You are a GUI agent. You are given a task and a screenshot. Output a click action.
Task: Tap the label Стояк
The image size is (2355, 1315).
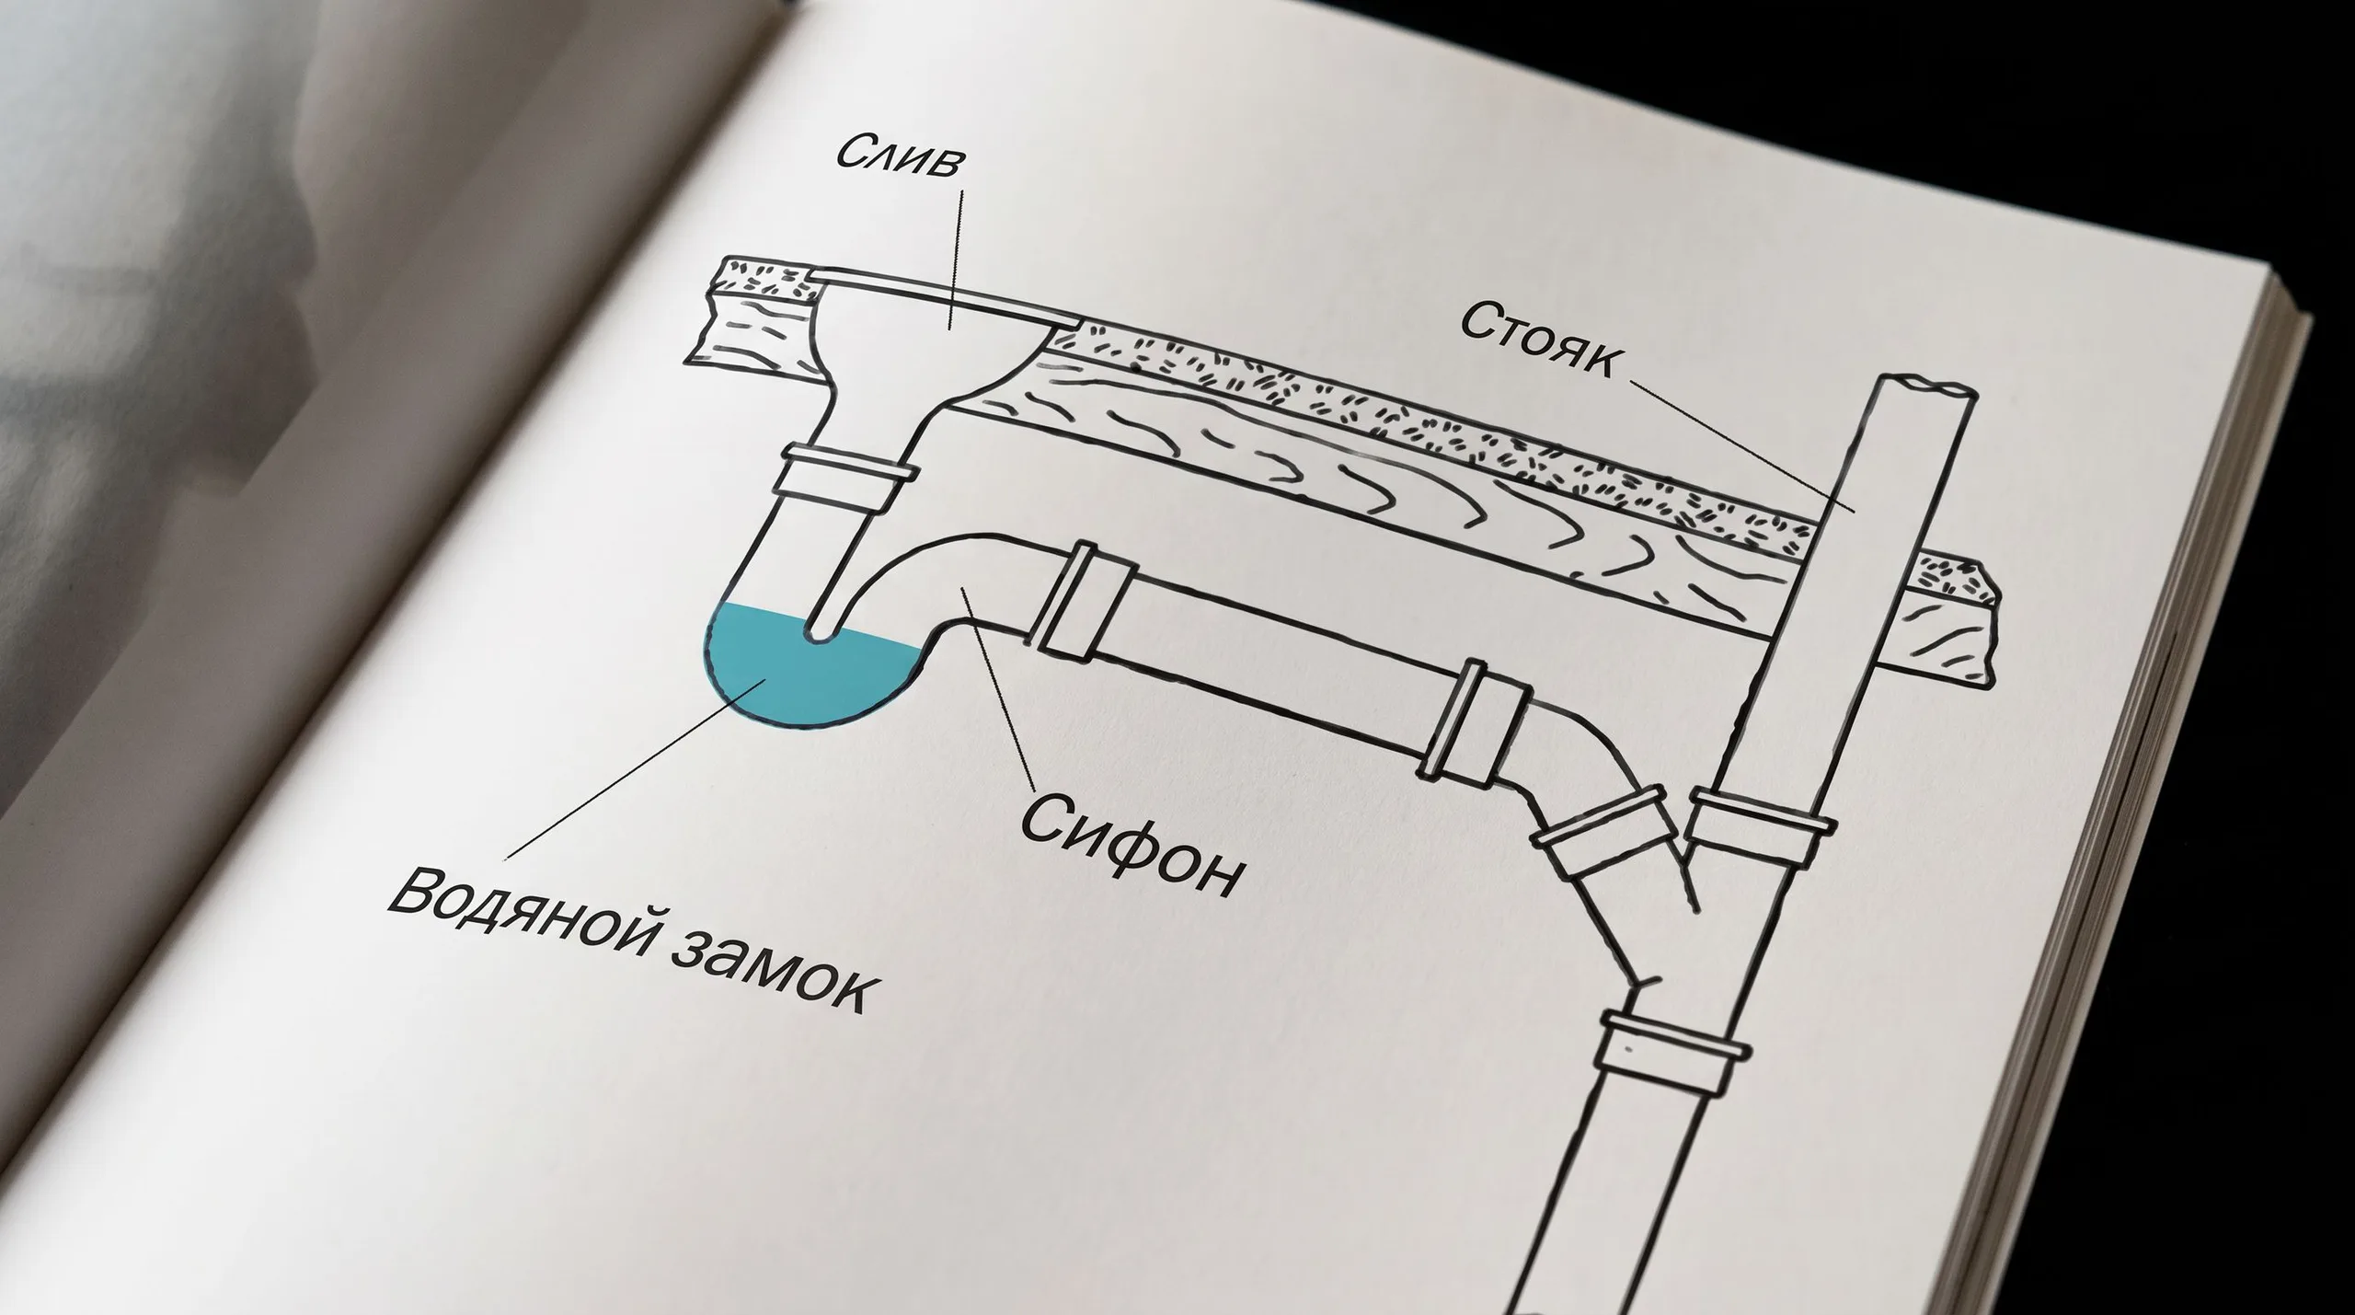(1538, 341)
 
